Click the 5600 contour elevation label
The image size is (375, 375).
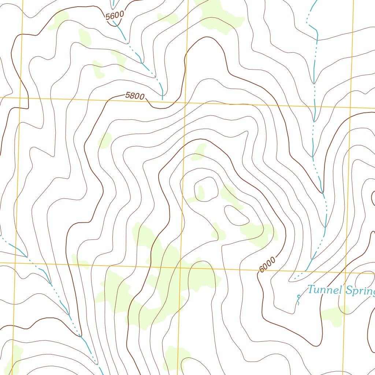(x=115, y=16)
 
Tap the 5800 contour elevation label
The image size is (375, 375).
(x=135, y=96)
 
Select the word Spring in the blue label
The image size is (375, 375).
(x=360, y=292)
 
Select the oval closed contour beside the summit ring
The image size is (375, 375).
(x=237, y=215)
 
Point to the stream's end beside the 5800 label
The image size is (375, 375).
(x=162, y=99)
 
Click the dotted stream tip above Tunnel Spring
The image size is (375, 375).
(x=294, y=279)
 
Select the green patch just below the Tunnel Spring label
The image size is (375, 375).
(x=334, y=315)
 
